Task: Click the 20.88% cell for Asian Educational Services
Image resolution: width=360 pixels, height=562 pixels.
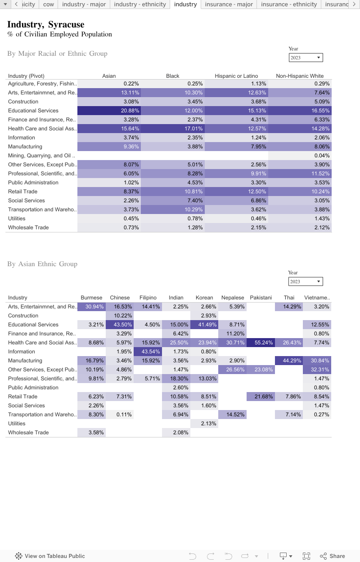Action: [x=109, y=111]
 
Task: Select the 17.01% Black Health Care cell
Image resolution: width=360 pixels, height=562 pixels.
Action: [x=173, y=129]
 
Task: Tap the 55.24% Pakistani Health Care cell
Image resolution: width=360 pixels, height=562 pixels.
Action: [x=261, y=343]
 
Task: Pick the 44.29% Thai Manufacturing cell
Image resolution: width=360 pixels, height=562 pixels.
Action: [x=289, y=361]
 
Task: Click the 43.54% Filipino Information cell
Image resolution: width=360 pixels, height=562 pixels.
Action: [x=148, y=352]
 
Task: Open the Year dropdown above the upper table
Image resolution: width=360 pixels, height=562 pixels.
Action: [x=306, y=58]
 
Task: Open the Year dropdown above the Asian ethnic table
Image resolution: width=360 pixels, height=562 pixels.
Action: [x=306, y=281]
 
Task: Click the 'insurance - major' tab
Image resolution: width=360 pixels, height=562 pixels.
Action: [x=229, y=4]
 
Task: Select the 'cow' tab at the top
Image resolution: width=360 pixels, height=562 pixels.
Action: [x=49, y=4]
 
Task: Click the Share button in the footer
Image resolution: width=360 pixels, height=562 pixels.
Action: [x=333, y=556]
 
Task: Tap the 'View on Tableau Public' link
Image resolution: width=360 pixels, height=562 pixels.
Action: [x=50, y=556]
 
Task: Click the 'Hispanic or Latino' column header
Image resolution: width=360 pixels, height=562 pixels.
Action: [x=236, y=76]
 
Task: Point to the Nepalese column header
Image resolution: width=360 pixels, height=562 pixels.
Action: [x=233, y=298]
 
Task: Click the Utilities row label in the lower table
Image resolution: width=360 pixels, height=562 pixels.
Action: [x=17, y=424]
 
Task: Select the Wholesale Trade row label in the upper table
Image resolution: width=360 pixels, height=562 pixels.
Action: [x=28, y=227]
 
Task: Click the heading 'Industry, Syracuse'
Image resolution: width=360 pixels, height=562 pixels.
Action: [x=46, y=25]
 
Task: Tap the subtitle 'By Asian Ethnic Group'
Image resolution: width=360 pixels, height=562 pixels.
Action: [x=42, y=264]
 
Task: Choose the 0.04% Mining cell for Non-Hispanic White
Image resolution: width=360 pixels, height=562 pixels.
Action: [x=300, y=156]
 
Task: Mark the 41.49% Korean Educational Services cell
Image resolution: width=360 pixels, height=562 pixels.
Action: [x=204, y=325]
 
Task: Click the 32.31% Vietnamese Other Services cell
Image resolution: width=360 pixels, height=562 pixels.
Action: [x=317, y=370]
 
